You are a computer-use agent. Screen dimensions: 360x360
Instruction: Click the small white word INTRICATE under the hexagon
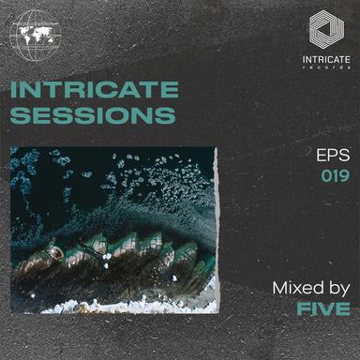tap(326, 61)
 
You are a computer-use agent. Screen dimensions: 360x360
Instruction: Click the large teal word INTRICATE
tap(94, 91)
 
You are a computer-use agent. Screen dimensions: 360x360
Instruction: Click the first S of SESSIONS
tap(19, 116)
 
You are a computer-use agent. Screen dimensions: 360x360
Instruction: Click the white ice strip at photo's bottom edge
tap(112, 307)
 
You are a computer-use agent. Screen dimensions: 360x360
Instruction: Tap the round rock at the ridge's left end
tap(55, 252)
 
